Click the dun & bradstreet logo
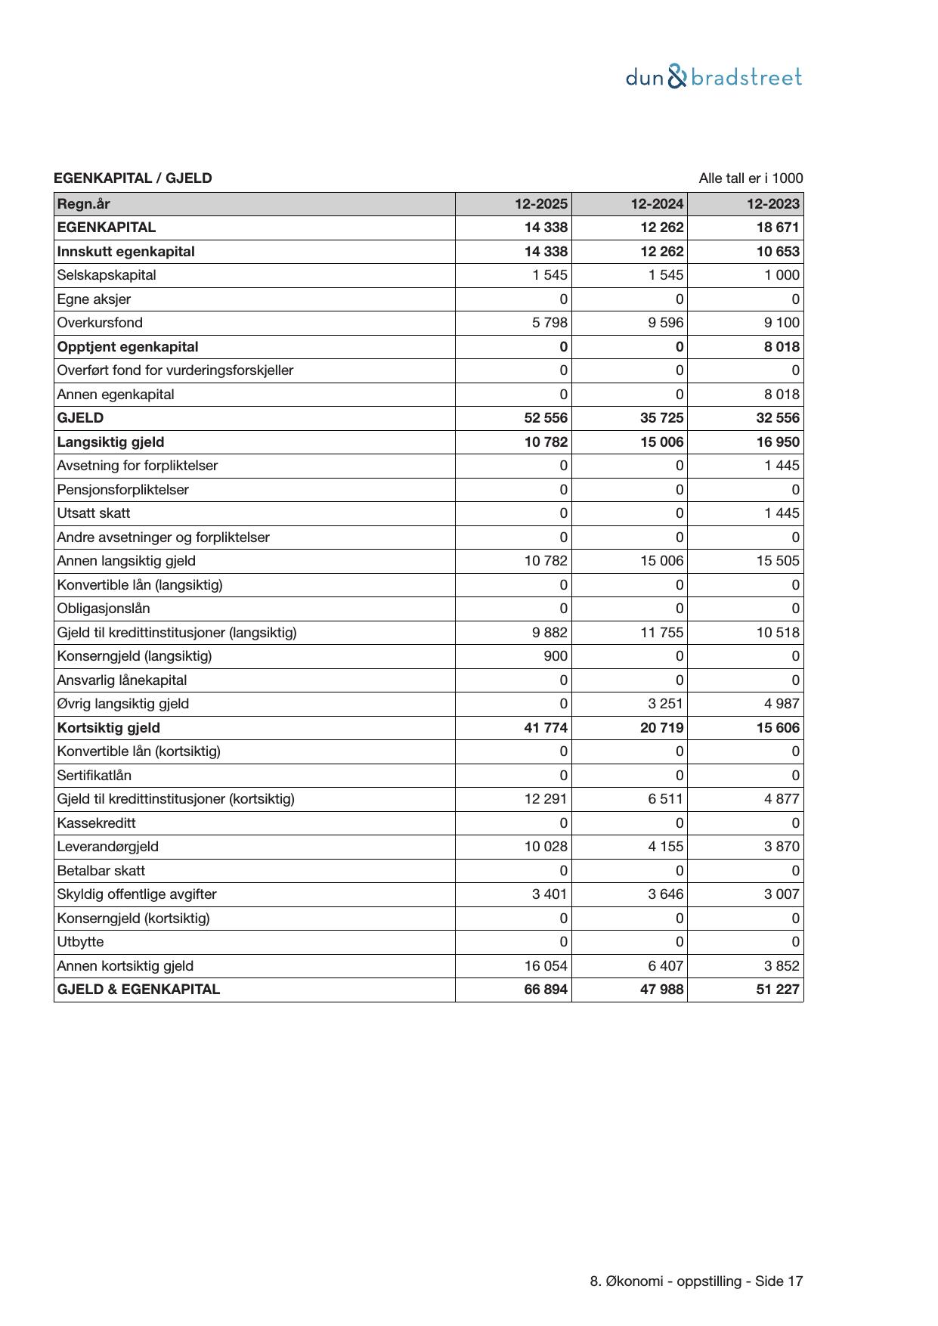714,77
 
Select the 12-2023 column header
772,203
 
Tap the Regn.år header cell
83,203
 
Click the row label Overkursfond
100,323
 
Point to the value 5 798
549,323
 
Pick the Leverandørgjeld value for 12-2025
546,847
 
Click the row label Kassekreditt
96,823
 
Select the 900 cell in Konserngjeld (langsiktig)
555,656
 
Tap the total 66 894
546,990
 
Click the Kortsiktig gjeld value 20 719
661,728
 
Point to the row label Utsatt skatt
93,513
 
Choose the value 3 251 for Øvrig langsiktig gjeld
665,704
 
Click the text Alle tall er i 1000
751,178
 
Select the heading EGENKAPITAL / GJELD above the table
132,178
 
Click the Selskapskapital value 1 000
781,275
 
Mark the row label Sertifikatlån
94,776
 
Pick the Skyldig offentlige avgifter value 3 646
665,894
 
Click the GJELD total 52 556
546,418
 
